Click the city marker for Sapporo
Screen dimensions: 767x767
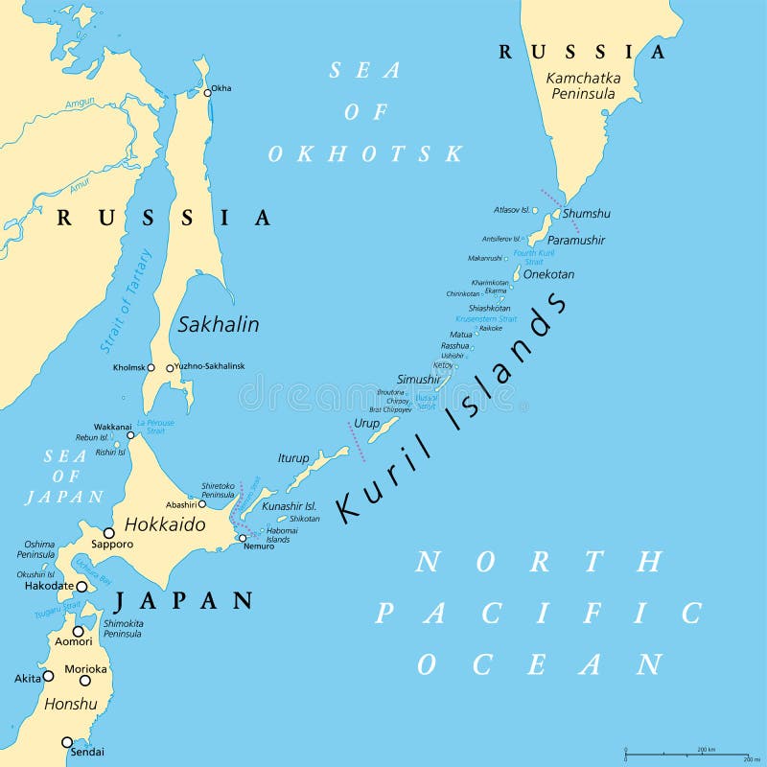click(108, 532)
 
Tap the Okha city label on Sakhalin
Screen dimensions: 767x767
click(221, 88)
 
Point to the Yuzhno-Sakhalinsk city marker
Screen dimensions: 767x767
click(171, 368)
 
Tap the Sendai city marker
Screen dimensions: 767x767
click(67, 741)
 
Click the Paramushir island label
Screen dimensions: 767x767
click(575, 240)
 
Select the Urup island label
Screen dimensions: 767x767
click(366, 423)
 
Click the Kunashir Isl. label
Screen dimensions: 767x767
click(289, 505)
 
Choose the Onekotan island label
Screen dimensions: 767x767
click(548, 274)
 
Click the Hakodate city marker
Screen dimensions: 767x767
click(82, 586)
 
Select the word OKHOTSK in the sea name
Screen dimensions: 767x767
click(365, 153)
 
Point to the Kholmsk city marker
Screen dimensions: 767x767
click(150, 368)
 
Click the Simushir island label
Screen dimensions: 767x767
click(418, 381)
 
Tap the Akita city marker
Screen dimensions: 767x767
click(48, 676)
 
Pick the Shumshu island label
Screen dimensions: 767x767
click(586, 214)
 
